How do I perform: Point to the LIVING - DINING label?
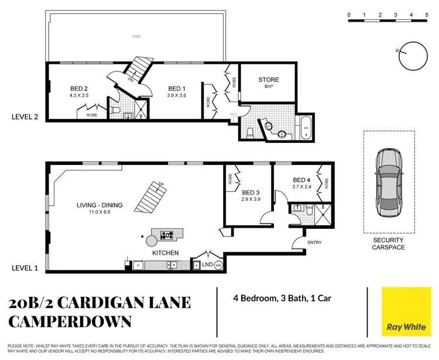pos(100,205)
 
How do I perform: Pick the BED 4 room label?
pos(301,180)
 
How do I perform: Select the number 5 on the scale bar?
pos(428,14)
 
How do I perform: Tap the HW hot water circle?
pos(219,265)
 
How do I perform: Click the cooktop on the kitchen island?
pos(167,236)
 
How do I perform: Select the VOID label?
pos(136,36)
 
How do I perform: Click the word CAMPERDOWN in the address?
pos(70,321)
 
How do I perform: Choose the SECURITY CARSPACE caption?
pos(388,244)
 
